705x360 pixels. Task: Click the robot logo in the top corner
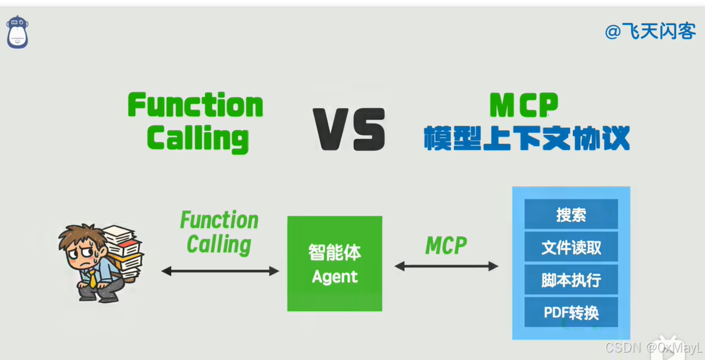18,32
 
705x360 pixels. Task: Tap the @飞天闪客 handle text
650,31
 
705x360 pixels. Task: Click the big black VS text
349,129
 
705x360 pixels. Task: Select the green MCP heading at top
524,105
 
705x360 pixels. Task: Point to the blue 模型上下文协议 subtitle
526,138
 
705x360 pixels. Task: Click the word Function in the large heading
195,105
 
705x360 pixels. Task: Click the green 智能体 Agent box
334,263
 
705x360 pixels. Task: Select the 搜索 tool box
571,214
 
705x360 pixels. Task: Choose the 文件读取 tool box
571,247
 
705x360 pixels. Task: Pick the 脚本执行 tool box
571,279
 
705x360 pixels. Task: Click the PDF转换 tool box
571,312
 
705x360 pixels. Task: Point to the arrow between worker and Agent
220,271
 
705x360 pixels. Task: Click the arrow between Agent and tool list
447,266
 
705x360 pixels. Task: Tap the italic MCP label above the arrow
446,245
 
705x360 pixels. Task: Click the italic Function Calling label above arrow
219,232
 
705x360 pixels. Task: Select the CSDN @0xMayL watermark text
653,347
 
